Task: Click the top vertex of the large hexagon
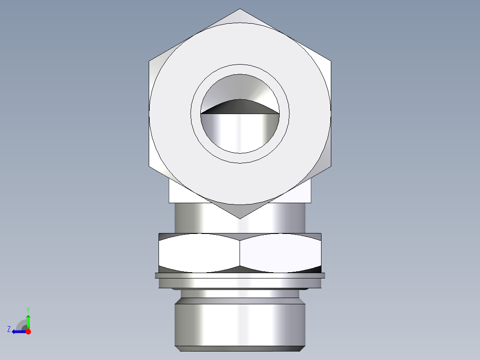pos(240,9)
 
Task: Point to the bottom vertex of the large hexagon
pos(240,218)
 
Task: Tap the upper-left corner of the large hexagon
pos(149,61)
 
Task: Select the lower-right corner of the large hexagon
pos(330,167)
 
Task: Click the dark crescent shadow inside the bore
pos(240,107)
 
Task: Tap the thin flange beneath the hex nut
pos(240,276)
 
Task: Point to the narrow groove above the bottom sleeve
pos(240,294)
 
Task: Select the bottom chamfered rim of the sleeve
pos(240,348)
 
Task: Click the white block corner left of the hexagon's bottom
pos(178,194)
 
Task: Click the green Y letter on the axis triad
pos(28,309)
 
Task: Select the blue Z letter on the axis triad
pos(9,329)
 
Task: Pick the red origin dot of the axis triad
pos(28,331)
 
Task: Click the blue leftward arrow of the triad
pos(18,331)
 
